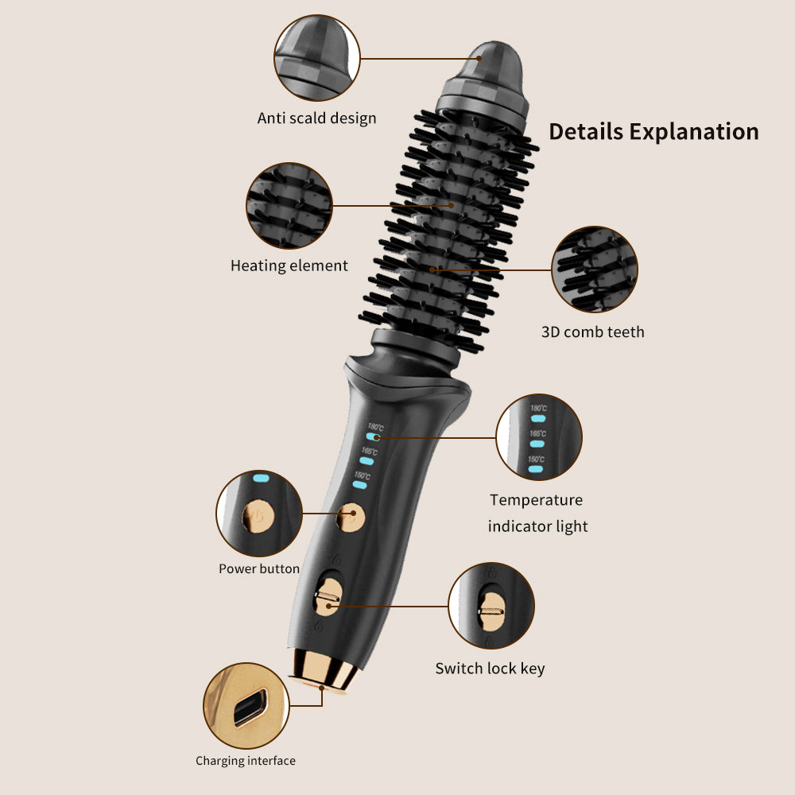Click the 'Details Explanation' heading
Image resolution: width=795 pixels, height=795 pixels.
(x=653, y=131)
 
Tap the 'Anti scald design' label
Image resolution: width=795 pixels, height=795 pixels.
(x=317, y=118)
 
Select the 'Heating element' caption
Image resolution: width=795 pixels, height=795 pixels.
(x=289, y=266)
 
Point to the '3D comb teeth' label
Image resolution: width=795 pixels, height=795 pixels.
(x=593, y=332)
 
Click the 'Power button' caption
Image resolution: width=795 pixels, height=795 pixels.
(x=259, y=569)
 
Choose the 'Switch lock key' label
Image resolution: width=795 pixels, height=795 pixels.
(x=490, y=669)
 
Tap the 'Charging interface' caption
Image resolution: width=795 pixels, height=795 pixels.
(x=246, y=761)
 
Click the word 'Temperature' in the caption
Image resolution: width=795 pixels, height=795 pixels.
(x=536, y=500)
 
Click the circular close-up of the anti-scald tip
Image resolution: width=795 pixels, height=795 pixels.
(x=317, y=58)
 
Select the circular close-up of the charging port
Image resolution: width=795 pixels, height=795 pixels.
(x=246, y=706)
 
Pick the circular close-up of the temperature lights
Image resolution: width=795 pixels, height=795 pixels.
(x=539, y=437)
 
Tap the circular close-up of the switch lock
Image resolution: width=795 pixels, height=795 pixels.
(x=491, y=606)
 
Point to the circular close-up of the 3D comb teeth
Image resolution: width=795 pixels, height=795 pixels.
(x=595, y=270)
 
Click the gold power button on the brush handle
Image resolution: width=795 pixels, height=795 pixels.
(x=351, y=518)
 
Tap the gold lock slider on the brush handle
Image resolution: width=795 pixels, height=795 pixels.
(x=328, y=597)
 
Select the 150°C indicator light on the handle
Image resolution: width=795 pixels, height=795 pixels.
(x=359, y=485)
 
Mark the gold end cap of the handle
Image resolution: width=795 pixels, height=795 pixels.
(x=324, y=669)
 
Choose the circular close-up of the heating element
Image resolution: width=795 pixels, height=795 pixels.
(x=289, y=205)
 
